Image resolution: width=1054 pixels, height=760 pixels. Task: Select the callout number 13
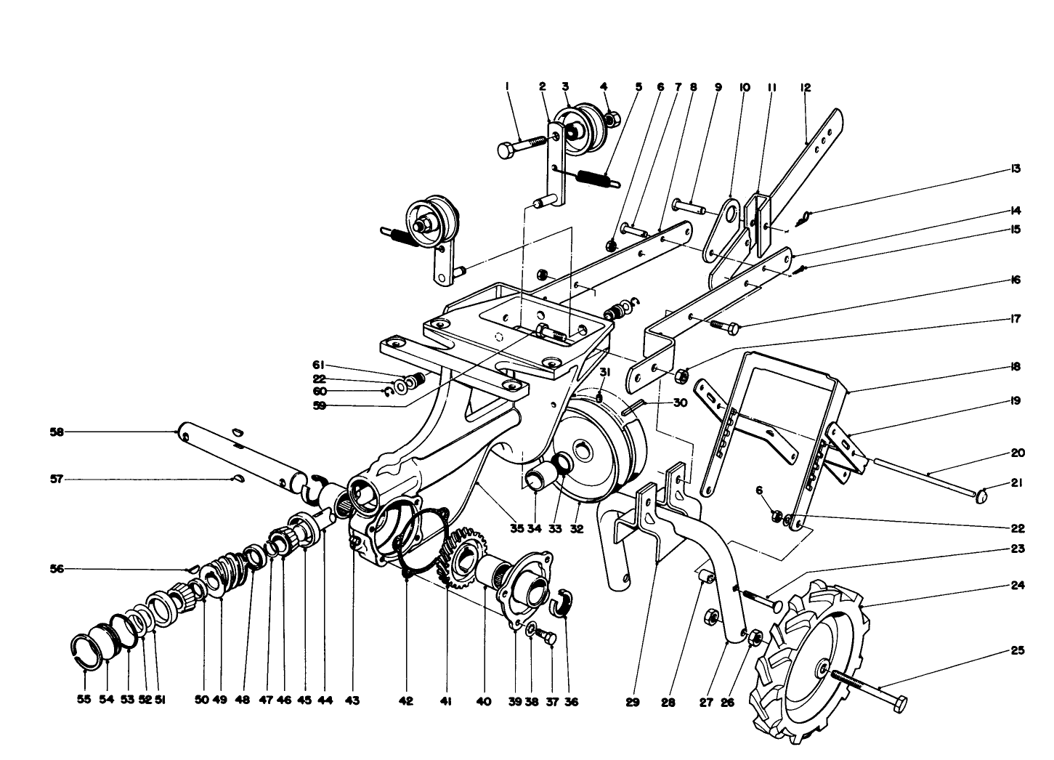tap(1015, 169)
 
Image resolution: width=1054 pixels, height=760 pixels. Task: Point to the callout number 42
tap(405, 701)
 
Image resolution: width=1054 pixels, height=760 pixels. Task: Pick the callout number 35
tap(516, 529)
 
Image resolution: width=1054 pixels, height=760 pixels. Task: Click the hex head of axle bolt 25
tap(899, 703)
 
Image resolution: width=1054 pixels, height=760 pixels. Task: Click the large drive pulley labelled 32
tap(592, 450)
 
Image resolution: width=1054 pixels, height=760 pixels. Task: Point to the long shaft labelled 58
tap(240, 456)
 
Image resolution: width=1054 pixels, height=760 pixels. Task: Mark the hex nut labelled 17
tap(682, 376)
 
